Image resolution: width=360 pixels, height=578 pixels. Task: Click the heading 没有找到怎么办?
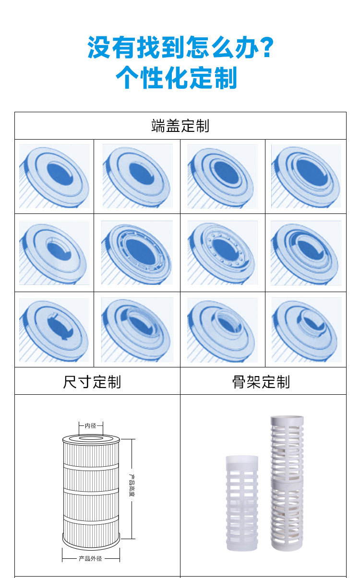click(180, 47)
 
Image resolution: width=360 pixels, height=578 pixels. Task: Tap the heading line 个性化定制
click(177, 78)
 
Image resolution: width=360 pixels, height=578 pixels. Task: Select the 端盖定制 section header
click(180, 126)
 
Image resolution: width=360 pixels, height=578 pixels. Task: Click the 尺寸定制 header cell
click(92, 382)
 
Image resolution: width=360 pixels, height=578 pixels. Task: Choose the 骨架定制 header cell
click(261, 382)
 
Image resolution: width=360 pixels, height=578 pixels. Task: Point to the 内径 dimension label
click(91, 425)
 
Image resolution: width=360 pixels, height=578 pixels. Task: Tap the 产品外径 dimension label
click(91, 559)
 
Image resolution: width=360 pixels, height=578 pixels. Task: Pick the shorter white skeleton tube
click(242, 502)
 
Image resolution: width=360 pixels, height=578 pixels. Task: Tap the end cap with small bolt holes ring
click(222, 252)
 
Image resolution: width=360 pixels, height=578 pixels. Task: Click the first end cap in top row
click(54, 177)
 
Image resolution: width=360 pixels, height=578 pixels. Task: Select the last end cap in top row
click(306, 176)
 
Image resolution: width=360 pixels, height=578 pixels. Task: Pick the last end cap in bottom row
click(306, 330)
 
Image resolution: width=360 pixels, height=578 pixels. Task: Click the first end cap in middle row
click(54, 252)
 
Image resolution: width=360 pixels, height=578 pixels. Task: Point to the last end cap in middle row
click(306, 252)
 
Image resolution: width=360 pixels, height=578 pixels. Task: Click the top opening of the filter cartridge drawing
click(91, 438)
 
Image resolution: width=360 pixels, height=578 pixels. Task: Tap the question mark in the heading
click(266, 47)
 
